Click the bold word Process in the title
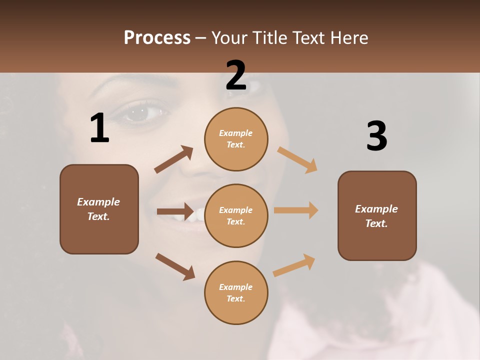157,37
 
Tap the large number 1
99,128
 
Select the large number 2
236,75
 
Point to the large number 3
376,136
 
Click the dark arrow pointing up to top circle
173,159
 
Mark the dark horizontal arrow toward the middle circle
175,211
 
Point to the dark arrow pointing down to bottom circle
175,266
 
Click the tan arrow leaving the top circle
297,160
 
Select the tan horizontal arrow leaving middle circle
296,210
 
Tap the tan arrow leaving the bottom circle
294,265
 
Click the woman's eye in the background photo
140,112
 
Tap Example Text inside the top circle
236,139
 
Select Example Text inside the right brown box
376,216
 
